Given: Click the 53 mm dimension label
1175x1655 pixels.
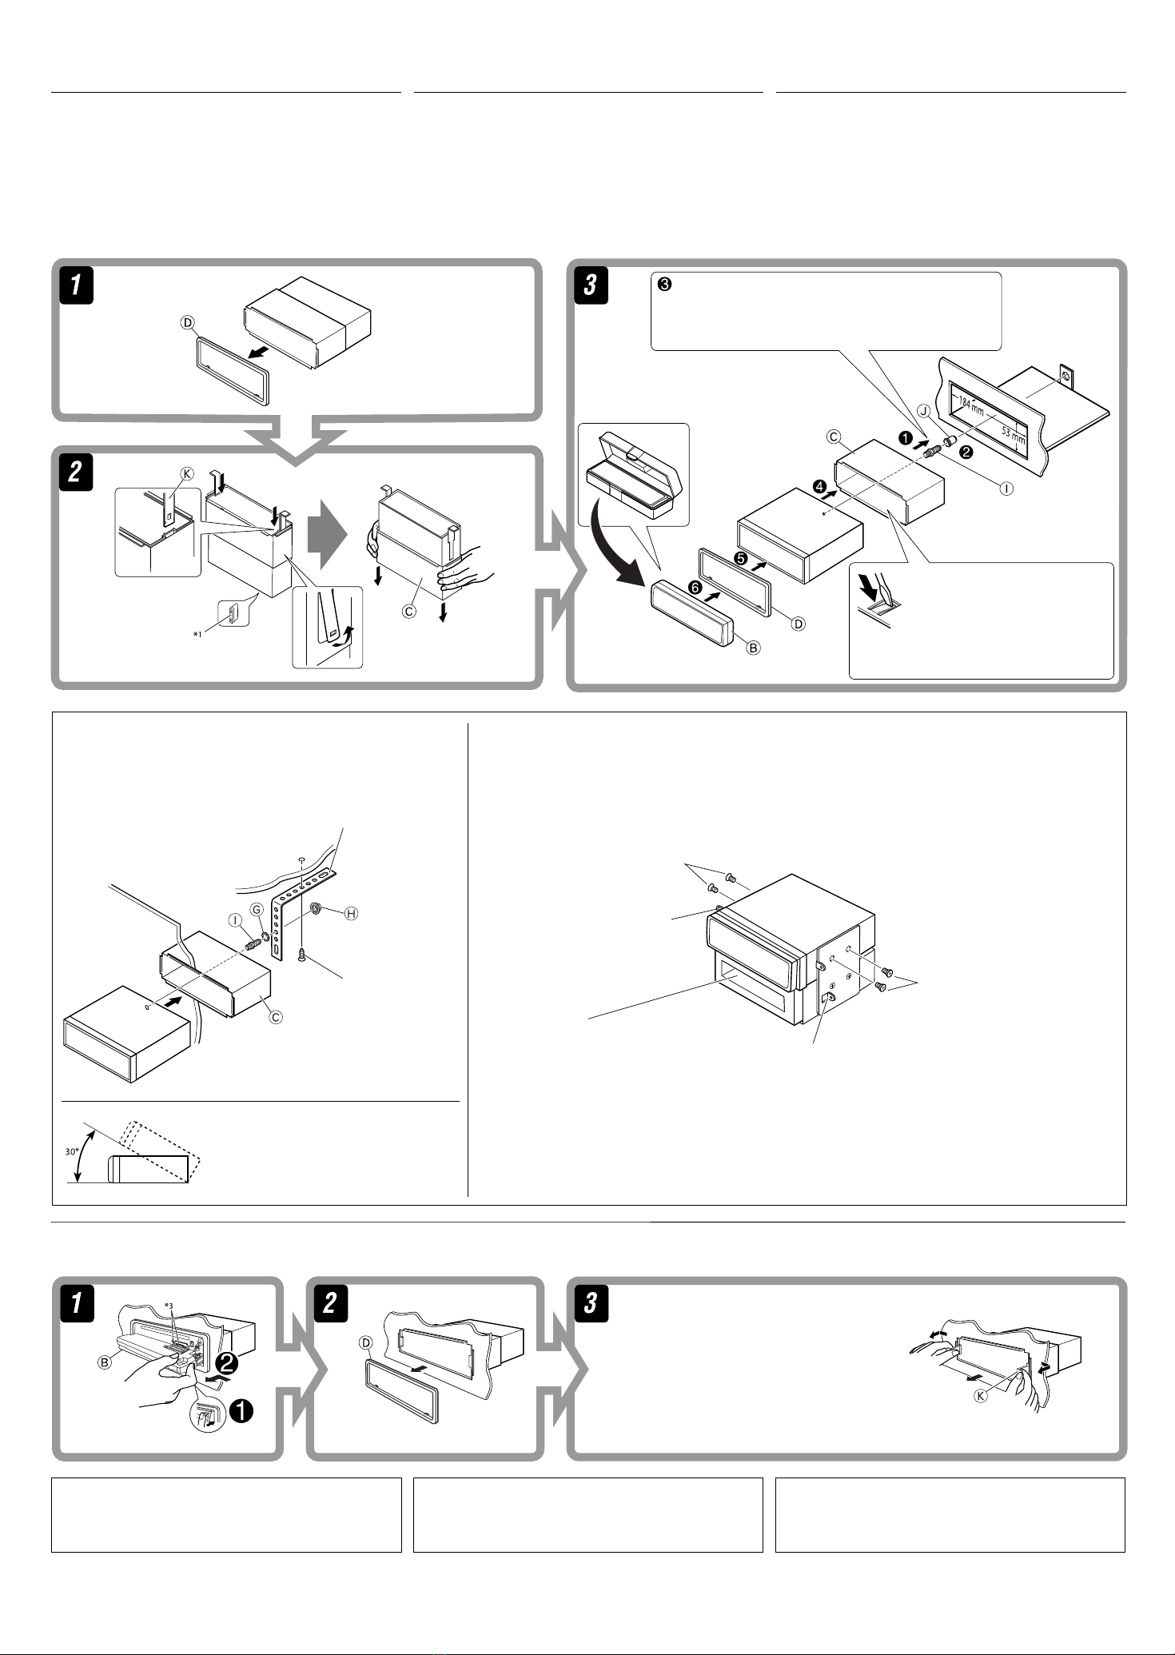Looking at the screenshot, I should tap(1015, 437).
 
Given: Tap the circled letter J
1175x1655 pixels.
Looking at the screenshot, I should tap(923, 412).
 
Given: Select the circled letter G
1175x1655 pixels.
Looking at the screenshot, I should tap(257, 910).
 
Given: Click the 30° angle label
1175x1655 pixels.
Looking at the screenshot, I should tap(72, 1152).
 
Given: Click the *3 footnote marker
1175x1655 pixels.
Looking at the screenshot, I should tap(167, 1306).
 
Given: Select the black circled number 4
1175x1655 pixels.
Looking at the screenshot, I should tap(819, 486).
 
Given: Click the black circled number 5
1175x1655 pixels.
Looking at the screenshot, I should tap(741, 559).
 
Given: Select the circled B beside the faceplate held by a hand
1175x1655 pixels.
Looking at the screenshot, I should tap(105, 1364).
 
